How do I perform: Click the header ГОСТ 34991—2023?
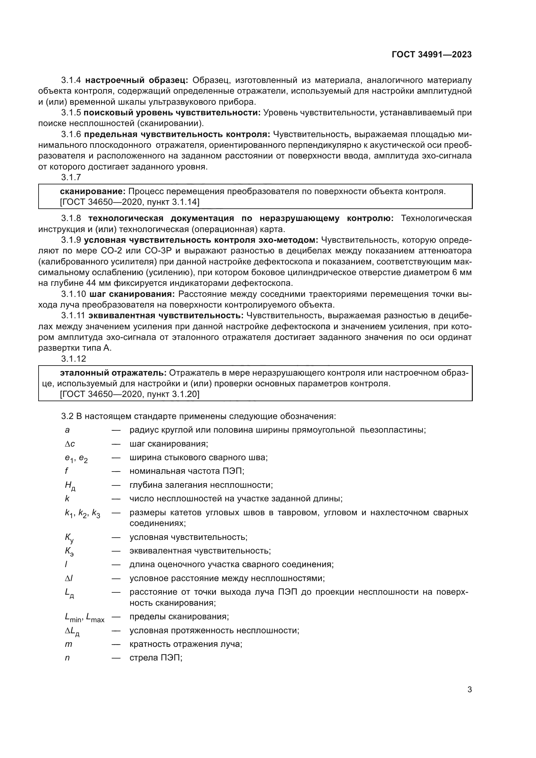[x=431, y=55]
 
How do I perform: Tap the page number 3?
[x=469, y=689]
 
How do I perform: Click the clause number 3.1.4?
[x=71, y=80]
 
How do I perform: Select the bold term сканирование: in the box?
[x=92, y=192]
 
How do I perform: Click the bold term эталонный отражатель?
[x=113, y=373]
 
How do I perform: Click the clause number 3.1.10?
[x=73, y=294]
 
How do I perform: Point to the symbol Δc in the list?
[x=70, y=444]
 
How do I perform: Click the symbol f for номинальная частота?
[x=66, y=471]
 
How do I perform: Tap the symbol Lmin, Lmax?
[x=85, y=617]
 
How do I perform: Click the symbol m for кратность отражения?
[x=68, y=644]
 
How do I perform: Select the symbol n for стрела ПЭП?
[x=67, y=658]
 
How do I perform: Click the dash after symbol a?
[x=116, y=430]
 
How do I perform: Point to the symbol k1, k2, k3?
[x=82, y=513]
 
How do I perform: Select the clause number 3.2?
[x=67, y=416]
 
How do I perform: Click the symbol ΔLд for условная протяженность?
[x=72, y=631]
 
